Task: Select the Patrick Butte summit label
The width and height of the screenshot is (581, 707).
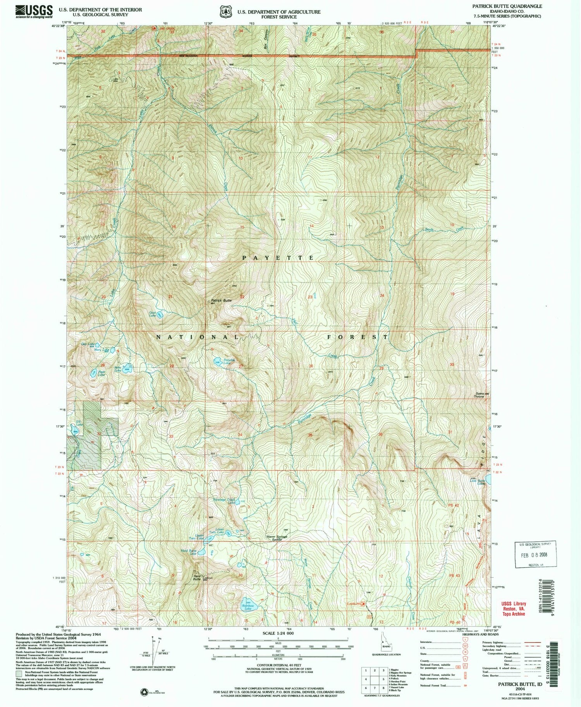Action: point(221,301)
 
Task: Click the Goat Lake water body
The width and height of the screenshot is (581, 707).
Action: point(160,315)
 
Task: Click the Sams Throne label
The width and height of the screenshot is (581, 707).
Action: point(479,396)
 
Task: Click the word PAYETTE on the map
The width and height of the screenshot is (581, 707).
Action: point(278,258)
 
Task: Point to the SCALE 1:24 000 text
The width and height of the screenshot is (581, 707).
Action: point(278,633)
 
